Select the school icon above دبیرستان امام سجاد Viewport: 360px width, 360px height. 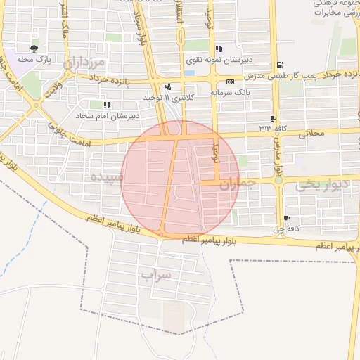click(107, 104)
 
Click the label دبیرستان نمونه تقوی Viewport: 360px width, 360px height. click(214, 60)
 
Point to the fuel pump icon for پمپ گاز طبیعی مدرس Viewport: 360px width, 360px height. click(281, 65)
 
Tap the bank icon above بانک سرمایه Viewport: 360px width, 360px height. click(230, 82)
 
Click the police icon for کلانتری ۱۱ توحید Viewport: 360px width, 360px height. click(168, 87)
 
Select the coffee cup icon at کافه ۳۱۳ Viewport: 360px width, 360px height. click(273, 118)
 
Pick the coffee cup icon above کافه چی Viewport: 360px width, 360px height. click(285, 219)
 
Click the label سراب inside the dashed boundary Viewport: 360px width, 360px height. click(155, 274)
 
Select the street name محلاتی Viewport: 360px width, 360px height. click(314, 133)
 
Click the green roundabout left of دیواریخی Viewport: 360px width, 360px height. click(278, 181)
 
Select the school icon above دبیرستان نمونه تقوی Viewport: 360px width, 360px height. click(219, 49)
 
